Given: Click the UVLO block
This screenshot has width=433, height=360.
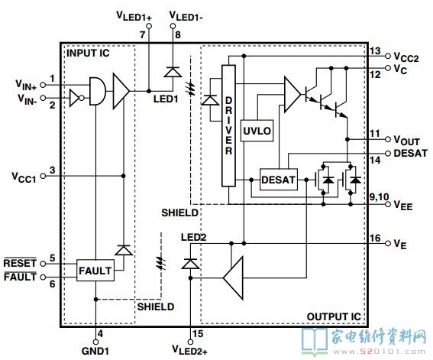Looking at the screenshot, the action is tap(257, 131).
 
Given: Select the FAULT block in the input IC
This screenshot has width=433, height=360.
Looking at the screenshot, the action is tap(95, 271).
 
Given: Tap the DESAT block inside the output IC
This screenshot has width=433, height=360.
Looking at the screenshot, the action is tap(279, 180).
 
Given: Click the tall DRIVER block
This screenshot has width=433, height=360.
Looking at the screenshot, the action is tap(228, 125).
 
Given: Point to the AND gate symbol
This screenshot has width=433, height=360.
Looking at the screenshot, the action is tap(98, 91).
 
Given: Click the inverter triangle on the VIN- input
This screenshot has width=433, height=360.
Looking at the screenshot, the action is tap(75, 98).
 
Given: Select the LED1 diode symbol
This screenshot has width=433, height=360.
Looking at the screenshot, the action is tap(173, 73).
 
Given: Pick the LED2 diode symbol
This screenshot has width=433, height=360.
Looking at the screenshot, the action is tap(190, 264).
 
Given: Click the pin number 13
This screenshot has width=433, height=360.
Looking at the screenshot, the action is tap(375, 51).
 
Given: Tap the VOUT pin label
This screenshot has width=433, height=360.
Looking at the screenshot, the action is tap(406, 141).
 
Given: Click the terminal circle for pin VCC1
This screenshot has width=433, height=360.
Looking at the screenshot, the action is tap(43, 176).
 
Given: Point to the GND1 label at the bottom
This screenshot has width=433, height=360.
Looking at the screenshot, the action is tap(95, 351).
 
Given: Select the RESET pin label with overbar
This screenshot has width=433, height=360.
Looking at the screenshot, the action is tap(20, 262).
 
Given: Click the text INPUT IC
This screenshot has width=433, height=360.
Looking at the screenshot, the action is tap(88, 53).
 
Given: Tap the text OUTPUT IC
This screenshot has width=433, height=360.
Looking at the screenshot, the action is tap(334, 316).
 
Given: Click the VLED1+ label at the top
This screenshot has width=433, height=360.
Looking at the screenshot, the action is tap(134, 16).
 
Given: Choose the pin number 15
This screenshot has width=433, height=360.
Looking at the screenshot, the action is tap(198, 334).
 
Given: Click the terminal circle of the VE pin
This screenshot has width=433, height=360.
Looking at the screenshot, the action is tap(388, 243).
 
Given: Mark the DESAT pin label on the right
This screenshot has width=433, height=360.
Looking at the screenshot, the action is tap(410, 153).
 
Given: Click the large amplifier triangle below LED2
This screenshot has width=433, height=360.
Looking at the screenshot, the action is tap(234, 277).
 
